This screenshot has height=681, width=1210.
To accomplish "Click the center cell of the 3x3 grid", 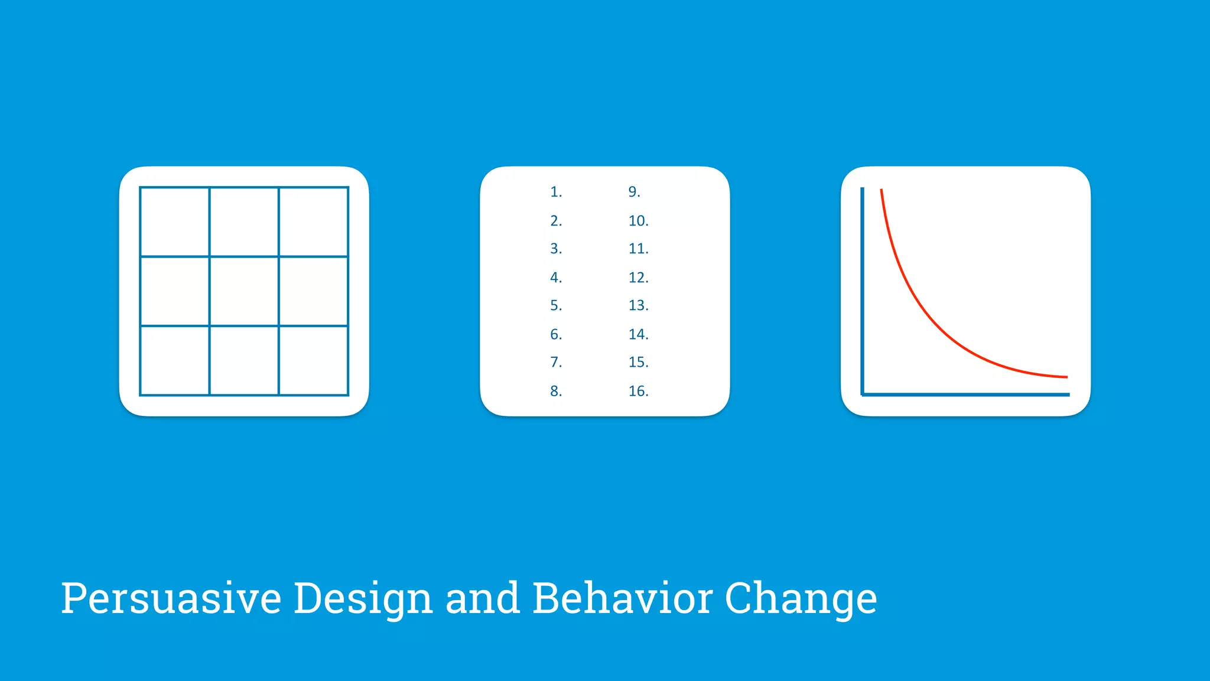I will pyautogui.click(x=244, y=291).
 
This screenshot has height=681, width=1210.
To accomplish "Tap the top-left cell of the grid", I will pyautogui.click(x=175, y=222).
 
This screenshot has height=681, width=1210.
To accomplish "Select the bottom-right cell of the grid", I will pyautogui.click(x=313, y=360).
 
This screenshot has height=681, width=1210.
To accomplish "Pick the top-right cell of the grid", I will pyautogui.click(x=313, y=222).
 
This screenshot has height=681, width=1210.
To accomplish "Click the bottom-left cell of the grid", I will pyautogui.click(x=175, y=360).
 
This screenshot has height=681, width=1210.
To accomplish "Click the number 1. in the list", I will pyautogui.click(x=555, y=192).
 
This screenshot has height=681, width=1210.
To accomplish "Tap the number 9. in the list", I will pyautogui.click(x=634, y=192).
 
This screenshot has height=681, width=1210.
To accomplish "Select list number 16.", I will pyautogui.click(x=638, y=391).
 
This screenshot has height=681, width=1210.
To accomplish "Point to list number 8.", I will pyautogui.click(x=555, y=391).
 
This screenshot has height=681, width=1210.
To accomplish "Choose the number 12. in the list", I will pyautogui.click(x=638, y=278).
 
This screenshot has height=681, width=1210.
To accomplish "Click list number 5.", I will pyautogui.click(x=555, y=305).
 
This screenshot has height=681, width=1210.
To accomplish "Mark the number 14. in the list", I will pyautogui.click(x=638, y=334).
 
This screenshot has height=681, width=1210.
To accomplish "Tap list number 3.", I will pyautogui.click(x=555, y=249).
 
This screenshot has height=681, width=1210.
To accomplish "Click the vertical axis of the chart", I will pyautogui.click(x=863, y=289).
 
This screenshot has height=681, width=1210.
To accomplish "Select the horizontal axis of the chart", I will pyautogui.click(x=966, y=394).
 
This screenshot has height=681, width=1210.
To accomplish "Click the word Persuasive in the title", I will pyautogui.click(x=171, y=599).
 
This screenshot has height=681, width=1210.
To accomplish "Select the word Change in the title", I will pyautogui.click(x=801, y=599).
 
